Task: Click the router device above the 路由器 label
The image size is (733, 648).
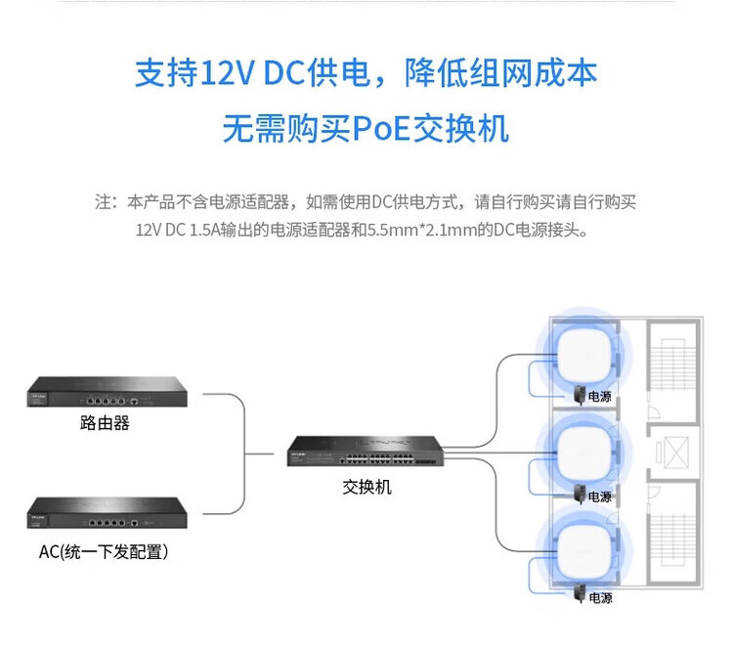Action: pos(108,392)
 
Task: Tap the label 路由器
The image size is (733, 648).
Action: pos(105,423)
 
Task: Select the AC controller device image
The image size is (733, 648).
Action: pos(108,513)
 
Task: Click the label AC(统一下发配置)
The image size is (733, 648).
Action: pos(104,551)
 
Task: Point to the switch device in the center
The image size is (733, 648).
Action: pos(366,451)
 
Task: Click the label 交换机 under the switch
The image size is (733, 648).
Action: pos(366,487)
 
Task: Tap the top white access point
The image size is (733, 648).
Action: pos(583,357)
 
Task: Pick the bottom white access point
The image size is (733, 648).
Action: pos(584,553)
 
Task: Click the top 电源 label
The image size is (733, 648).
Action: pos(600,397)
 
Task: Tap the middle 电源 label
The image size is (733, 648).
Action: pos(600,497)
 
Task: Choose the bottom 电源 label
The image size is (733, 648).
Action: pos(600,598)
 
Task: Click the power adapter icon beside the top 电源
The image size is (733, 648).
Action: pos(581,395)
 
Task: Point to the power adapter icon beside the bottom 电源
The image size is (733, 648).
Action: pos(581,594)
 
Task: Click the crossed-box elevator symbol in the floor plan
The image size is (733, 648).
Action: pos(676,453)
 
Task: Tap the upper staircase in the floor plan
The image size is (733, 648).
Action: pos(672,365)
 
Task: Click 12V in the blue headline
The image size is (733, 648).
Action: pos(228,73)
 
